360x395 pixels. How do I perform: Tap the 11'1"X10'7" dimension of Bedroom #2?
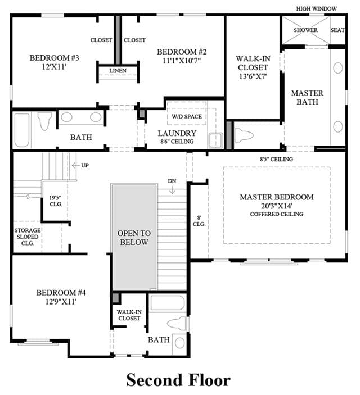click(182, 61)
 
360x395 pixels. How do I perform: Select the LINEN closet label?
click(118, 71)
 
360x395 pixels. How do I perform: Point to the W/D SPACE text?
click(187, 117)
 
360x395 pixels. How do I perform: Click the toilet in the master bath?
click(244, 135)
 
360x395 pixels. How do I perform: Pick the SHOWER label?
click(305, 30)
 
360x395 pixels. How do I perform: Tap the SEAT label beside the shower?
click(337, 30)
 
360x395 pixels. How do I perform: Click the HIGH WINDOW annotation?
click(316, 9)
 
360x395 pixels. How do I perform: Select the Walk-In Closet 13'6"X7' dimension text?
click(253, 76)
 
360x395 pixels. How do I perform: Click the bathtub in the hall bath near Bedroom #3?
click(22, 130)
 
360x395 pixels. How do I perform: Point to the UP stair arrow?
click(76, 166)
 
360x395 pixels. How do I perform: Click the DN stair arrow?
click(172, 190)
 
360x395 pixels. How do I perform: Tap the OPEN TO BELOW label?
click(134, 238)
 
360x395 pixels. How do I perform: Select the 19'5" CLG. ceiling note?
click(56, 201)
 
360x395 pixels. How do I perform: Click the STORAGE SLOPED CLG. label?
click(27, 237)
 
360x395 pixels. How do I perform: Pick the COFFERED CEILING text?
click(277, 214)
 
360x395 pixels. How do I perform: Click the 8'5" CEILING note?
click(277, 159)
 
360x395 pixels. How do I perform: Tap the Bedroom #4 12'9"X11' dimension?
click(61, 302)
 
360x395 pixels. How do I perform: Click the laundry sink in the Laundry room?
click(215, 140)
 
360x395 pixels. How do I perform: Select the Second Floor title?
click(178, 380)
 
